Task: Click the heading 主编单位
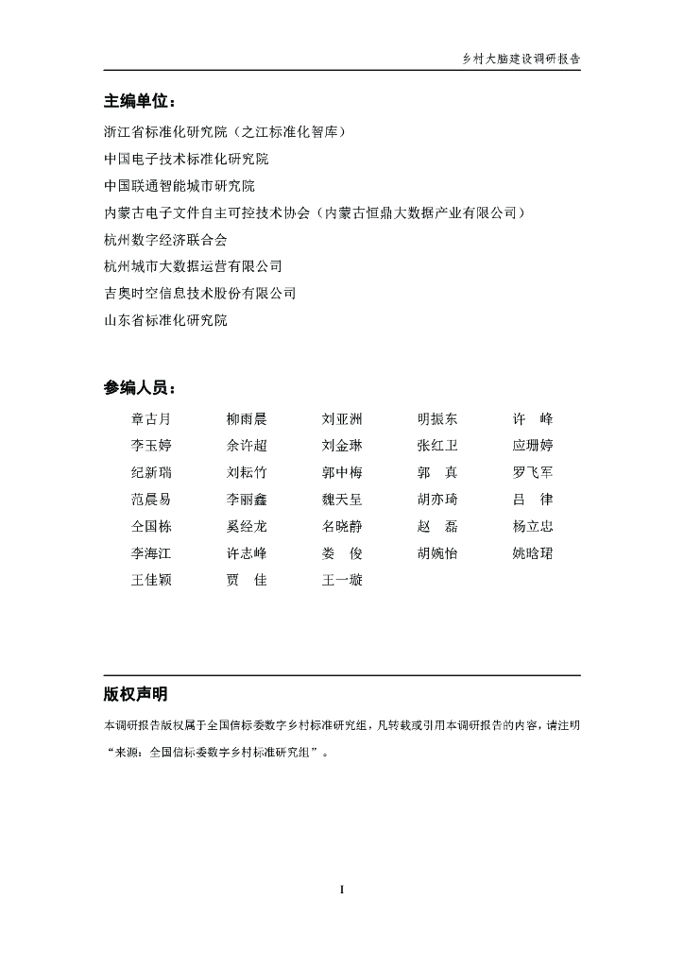139,102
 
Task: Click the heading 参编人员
139,388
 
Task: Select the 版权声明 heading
136,695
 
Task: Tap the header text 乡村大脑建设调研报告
521,58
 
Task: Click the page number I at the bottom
342,890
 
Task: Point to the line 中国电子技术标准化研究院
186,158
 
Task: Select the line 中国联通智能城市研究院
180,185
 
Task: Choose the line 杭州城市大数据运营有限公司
193,267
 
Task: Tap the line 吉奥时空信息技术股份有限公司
199,294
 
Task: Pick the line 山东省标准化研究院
166,321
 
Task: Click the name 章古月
151,419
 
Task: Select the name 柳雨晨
247,419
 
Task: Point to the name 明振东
437,419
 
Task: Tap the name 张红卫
437,446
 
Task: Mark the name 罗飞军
533,472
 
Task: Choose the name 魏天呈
342,500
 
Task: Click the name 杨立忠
533,526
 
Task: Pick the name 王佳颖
151,580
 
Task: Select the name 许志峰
247,553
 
